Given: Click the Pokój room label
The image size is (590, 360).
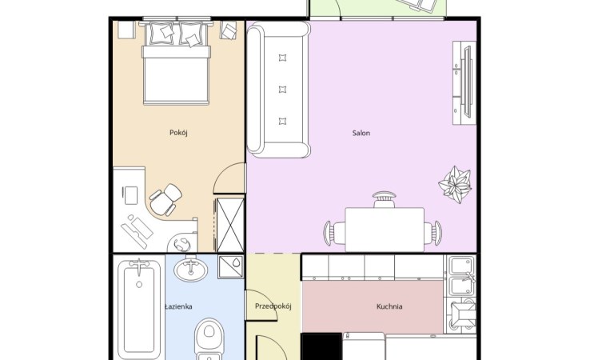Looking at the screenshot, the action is click(x=178, y=133).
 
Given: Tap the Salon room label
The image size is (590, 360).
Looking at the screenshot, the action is click(x=361, y=133).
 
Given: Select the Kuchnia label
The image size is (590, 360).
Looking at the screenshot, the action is click(x=389, y=306).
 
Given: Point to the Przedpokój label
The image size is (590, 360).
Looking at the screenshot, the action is click(x=273, y=306).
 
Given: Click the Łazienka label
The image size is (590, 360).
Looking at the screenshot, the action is click(x=179, y=306).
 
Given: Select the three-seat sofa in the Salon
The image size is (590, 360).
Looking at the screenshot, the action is click(x=278, y=90).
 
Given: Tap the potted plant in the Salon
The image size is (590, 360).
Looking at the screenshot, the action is click(x=456, y=184).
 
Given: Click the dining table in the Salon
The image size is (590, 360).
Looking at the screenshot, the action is click(x=385, y=229).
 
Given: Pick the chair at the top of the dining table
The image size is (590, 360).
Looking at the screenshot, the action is click(x=385, y=199).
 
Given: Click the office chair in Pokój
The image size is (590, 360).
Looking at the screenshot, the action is click(x=166, y=199).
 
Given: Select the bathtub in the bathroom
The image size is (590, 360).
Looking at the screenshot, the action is click(x=139, y=307).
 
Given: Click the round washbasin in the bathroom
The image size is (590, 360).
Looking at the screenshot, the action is click(x=191, y=268).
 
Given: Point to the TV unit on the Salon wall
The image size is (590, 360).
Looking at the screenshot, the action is click(x=464, y=82).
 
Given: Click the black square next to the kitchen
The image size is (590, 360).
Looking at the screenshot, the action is click(x=321, y=346).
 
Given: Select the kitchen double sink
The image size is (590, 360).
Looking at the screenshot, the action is click(x=461, y=276).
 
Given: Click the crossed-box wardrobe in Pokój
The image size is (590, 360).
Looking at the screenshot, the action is click(x=230, y=225).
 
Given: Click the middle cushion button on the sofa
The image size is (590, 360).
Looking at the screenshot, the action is click(x=282, y=90).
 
